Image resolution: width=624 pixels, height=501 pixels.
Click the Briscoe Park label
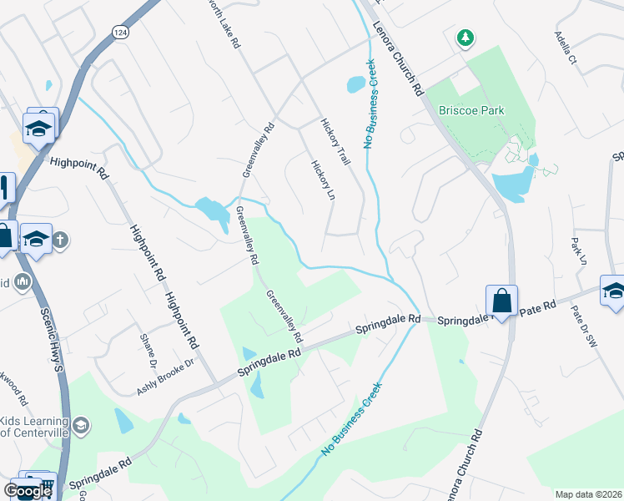[472, 110]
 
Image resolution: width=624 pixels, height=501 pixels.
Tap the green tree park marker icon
[465, 38]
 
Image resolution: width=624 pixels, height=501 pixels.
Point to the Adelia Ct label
[566, 48]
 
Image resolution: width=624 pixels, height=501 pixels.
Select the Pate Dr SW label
[585, 325]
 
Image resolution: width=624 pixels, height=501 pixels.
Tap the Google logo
[28, 491]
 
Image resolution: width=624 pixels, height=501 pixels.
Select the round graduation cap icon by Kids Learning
[81, 426]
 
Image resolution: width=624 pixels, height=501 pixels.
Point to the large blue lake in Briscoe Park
[511, 183]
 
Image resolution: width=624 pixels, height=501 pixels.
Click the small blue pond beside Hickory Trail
[355, 84]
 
